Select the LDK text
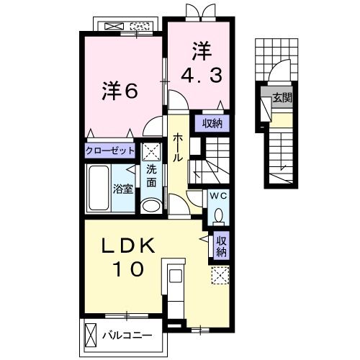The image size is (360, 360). pyautogui.click(x=128, y=246)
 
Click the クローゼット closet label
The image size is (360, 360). pyautogui.click(x=110, y=151)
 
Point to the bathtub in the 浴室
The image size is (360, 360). pyautogui.click(x=99, y=188)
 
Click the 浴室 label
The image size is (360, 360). pyautogui.click(x=123, y=189)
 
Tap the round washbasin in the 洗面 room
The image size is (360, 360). pyautogui.click(x=151, y=206)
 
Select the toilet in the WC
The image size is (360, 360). pyautogui.click(x=218, y=216)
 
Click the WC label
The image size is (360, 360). pyautogui.click(x=218, y=196)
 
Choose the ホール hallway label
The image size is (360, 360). pyautogui.click(x=178, y=148)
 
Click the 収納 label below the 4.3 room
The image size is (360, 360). pyautogui.click(x=212, y=124)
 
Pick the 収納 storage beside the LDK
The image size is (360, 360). pyautogui.click(x=221, y=246)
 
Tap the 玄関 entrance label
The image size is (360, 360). pyautogui.click(x=282, y=98)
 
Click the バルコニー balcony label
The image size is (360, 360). pyautogui.click(x=127, y=336)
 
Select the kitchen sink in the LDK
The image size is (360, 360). pyautogui.click(x=176, y=276)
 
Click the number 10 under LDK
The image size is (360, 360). pyautogui.click(x=129, y=269)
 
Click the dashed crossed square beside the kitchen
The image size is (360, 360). pyautogui.click(x=220, y=275)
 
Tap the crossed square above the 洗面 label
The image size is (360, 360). pyautogui.click(x=150, y=151)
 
